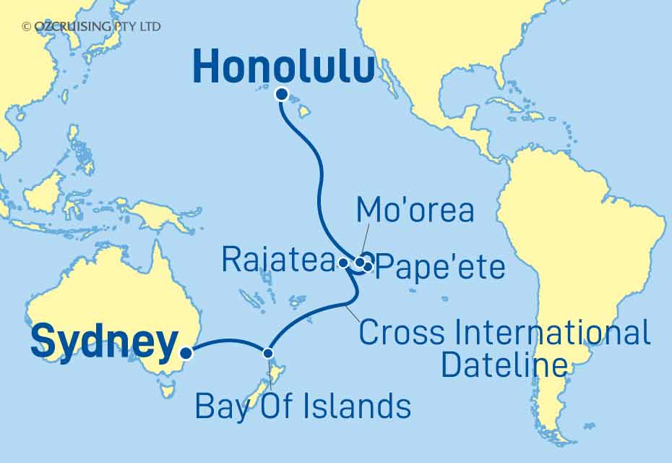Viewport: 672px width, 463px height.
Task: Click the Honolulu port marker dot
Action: pyautogui.click(x=282, y=93)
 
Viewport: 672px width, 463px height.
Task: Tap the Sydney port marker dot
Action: pyautogui.click(x=186, y=353)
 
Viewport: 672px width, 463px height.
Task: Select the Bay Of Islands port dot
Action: pyautogui.click(x=269, y=353)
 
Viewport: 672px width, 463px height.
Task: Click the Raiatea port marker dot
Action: pyautogui.click(x=343, y=263)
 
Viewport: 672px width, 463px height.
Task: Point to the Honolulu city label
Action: pyautogui.click(x=284, y=68)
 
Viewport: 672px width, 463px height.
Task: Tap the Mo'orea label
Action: pyautogui.click(x=415, y=211)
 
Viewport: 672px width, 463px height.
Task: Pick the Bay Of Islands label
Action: pyautogui.click(x=303, y=407)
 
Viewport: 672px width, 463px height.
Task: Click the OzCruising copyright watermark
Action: pyautogui.click(x=91, y=27)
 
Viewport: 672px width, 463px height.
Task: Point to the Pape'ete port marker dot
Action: pyautogui.click(x=368, y=267)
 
